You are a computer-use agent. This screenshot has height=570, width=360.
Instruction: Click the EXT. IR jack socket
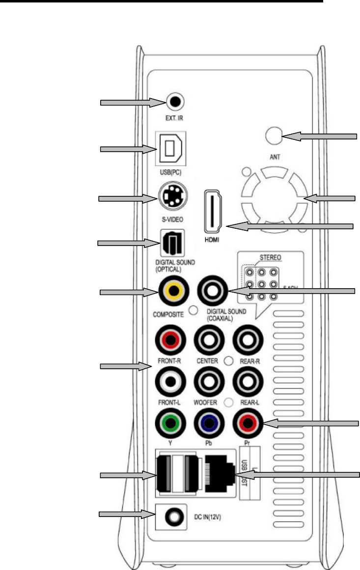click(x=175, y=102)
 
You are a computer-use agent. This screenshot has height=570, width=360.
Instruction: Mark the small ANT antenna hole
click(x=272, y=136)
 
